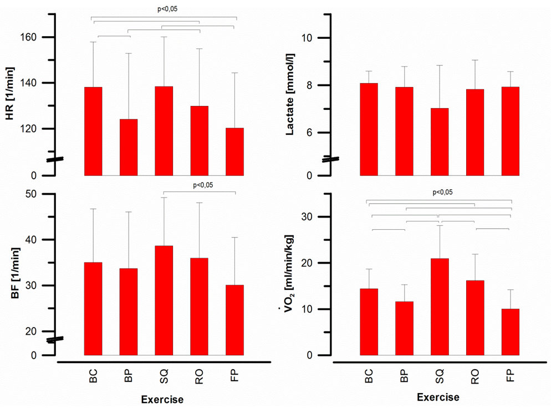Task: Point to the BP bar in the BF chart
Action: pyautogui.click(x=128, y=311)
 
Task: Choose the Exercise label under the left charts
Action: pyautogui.click(x=162, y=399)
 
